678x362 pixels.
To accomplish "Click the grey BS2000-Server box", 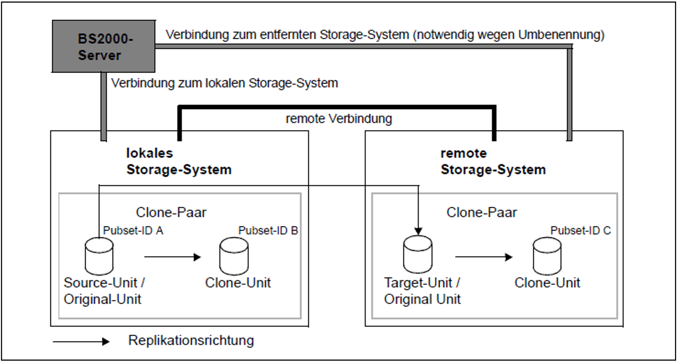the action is (104, 46).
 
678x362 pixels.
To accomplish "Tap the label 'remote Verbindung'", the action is (339, 119).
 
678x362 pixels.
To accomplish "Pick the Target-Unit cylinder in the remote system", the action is (418, 255).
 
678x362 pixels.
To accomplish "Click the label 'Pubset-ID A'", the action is (133, 230).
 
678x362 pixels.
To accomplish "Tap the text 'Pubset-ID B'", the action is (268, 230).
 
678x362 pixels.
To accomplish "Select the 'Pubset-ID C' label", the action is (581, 230).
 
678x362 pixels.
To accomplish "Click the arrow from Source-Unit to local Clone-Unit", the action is (173, 257).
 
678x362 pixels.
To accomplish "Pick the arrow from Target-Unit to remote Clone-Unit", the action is (484, 257).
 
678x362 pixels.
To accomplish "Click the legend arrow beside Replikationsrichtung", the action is (81, 342).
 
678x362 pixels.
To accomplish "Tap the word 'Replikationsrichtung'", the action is (191, 340).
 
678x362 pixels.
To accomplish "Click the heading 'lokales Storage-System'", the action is (179, 161).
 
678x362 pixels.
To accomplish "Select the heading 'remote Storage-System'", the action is (493, 161).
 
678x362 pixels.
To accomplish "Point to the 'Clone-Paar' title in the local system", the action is (171, 213).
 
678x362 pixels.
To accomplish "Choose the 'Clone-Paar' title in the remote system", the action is (482, 213).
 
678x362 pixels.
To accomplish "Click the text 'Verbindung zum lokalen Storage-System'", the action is (225, 83).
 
